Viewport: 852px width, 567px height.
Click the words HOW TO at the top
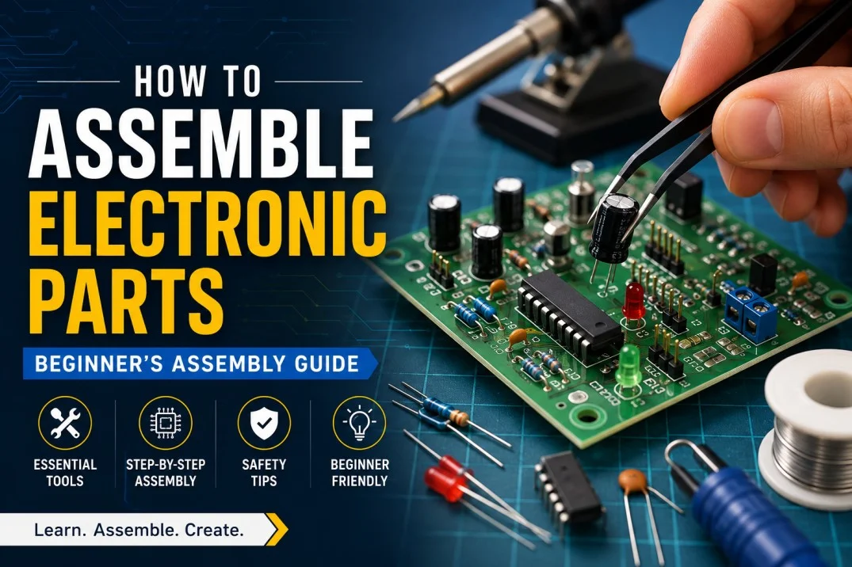[197, 82]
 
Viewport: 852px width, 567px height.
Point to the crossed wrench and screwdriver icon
[65, 423]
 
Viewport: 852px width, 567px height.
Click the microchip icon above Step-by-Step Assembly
[165, 423]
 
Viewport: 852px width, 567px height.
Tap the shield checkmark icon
[264, 423]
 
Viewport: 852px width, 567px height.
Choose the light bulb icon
[358, 423]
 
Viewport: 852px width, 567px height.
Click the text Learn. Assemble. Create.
[139, 530]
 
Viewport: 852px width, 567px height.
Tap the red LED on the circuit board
[633, 299]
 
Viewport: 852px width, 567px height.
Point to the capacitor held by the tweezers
[613, 227]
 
